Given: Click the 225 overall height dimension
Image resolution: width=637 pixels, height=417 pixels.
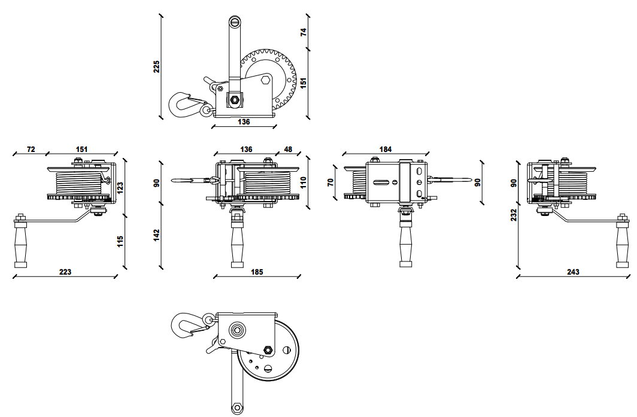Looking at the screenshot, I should point(156,66).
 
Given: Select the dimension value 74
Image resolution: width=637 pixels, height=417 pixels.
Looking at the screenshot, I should point(303,32).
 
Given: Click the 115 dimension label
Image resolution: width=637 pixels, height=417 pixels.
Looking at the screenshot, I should point(120,241).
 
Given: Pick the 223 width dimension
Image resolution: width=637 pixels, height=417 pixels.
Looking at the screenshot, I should point(65,272).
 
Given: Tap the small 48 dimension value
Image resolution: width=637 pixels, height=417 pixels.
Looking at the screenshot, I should point(288,149).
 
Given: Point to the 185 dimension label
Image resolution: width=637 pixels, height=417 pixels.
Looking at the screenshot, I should point(257,272).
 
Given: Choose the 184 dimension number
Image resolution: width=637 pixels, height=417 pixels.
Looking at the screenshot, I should point(386,149).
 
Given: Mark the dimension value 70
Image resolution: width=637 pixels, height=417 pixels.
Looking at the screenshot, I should point(330,182).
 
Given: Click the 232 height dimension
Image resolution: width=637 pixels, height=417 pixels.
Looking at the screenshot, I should point(514,215).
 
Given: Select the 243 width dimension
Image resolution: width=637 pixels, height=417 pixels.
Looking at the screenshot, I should point(573,272).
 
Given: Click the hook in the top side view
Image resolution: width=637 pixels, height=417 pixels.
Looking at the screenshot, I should point(183,104).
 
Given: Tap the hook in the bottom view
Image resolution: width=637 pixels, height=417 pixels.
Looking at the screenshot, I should point(184,326).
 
